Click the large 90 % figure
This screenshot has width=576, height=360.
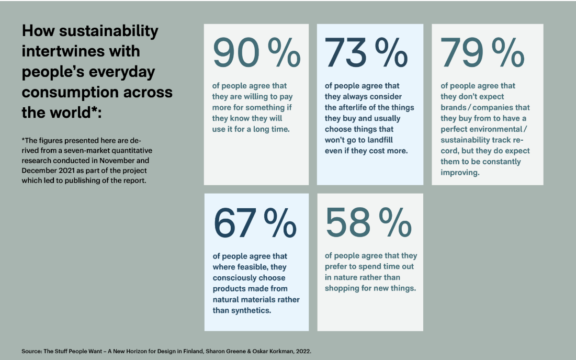256,53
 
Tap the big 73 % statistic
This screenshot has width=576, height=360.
366,53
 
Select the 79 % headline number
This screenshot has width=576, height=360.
482,53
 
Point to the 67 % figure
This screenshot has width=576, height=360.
255,222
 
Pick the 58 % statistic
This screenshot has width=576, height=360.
368,222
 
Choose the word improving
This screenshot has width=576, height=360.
460,172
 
